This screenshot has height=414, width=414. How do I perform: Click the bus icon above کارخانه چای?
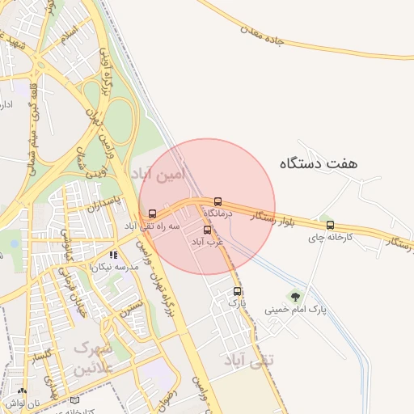click(x=330, y=225)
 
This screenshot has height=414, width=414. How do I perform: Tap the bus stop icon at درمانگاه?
click(x=217, y=201)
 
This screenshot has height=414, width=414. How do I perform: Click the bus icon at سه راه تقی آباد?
click(x=152, y=213)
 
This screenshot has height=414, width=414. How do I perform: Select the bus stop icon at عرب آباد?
click(x=207, y=230)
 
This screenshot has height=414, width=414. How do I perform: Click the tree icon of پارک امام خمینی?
click(x=294, y=297)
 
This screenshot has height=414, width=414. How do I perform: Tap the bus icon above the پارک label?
click(x=237, y=291)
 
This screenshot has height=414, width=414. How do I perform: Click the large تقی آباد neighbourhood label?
click(x=249, y=359)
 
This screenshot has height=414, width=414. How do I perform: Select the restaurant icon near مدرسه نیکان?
click(x=113, y=255)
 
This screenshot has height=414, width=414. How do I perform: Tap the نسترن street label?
click(x=131, y=305)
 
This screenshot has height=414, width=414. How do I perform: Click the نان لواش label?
click(x=16, y=403)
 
